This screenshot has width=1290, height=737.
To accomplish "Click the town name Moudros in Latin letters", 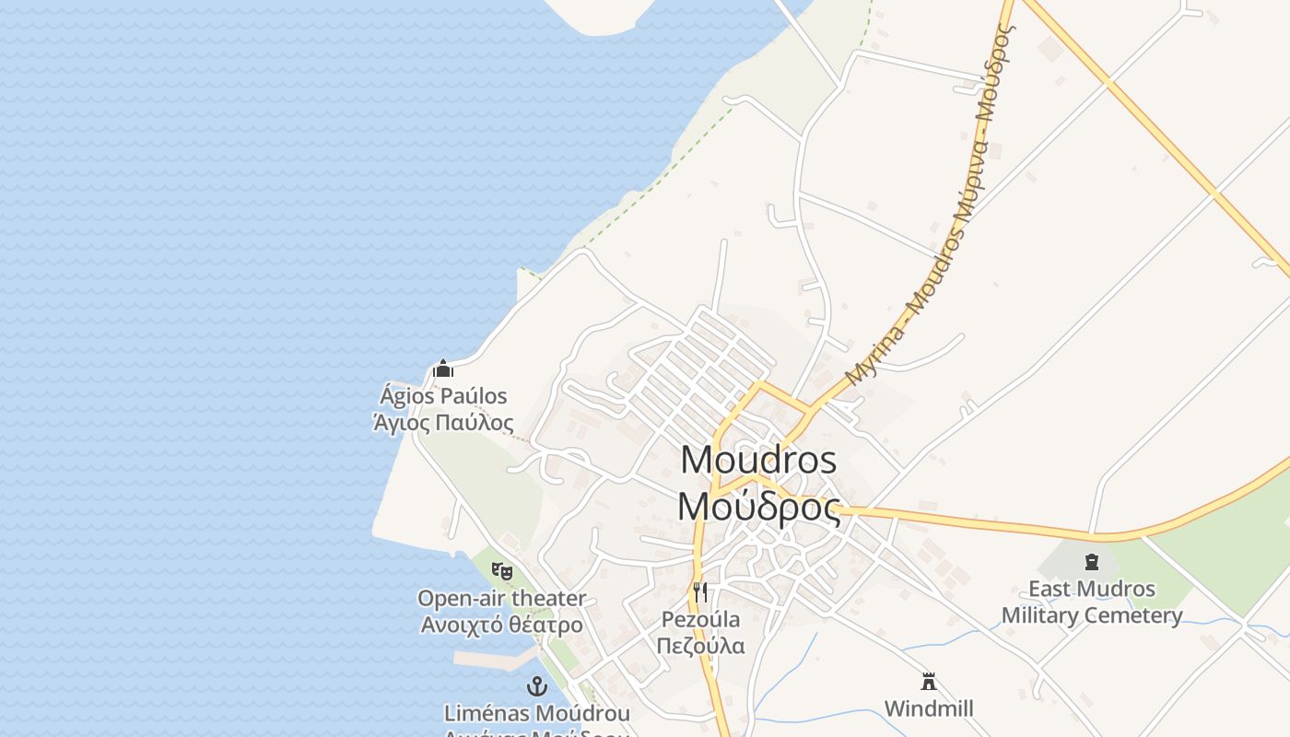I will tap(758, 459).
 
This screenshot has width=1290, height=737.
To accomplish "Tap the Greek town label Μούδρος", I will tap(758, 506).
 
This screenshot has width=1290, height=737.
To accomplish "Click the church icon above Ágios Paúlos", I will tap(443, 369).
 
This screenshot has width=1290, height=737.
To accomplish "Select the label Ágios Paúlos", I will tap(443, 396).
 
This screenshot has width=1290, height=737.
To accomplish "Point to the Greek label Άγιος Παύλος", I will tap(443, 423).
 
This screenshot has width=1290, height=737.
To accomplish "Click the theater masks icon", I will tap(501, 570).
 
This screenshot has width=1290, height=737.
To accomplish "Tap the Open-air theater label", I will tap(501, 598).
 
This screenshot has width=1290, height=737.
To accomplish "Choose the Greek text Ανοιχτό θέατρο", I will tap(501, 625).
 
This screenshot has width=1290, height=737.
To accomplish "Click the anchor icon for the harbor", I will tap(536, 686).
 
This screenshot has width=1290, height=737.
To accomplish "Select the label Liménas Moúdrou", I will tap(536, 713).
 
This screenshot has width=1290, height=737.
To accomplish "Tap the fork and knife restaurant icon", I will tap(700, 591).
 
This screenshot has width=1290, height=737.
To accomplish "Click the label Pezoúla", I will tap(700, 619).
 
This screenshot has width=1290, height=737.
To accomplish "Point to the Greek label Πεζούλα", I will tap(700, 645).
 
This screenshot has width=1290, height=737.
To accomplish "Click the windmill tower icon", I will tap(929, 682).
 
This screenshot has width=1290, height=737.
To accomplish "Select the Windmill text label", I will tap(929, 708).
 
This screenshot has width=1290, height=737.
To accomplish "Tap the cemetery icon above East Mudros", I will tap(1092, 561).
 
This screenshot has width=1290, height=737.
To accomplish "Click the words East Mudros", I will tap(1092, 589).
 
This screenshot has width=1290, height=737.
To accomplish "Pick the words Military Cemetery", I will tap(1092, 615).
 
